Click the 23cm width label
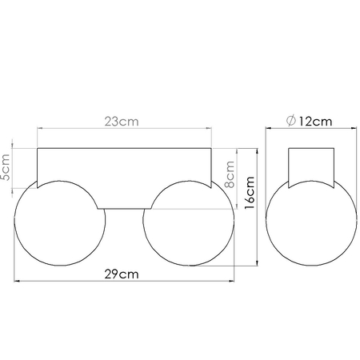(x=124, y=122)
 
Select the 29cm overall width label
(x=124, y=274)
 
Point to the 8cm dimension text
(x=230, y=172)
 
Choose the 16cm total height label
(x=250, y=192)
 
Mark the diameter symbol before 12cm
(x=290, y=121)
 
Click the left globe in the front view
(x=60, y=224)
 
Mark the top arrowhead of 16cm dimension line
(x=256, y=150)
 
